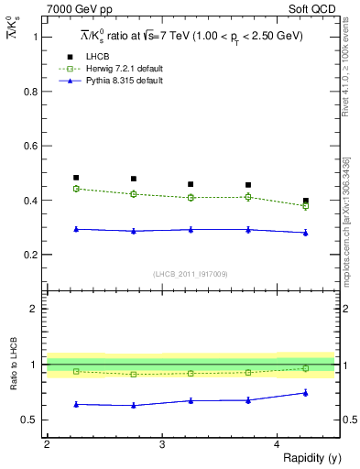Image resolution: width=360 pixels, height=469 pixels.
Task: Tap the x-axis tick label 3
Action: coord(162,444)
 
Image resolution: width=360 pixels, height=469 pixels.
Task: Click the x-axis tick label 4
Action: coord(278,444)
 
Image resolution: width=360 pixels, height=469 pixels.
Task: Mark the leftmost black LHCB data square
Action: coord(76,178)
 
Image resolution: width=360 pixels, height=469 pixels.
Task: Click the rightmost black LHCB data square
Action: coord(306,201)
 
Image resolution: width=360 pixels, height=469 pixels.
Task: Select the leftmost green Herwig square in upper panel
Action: coord(76,189)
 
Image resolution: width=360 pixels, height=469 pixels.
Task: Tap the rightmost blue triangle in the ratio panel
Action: coord(306,393)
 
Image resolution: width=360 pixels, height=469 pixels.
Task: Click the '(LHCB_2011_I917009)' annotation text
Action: coord(190,274)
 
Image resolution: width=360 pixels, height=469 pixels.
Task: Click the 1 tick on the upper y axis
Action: coord(36,38)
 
